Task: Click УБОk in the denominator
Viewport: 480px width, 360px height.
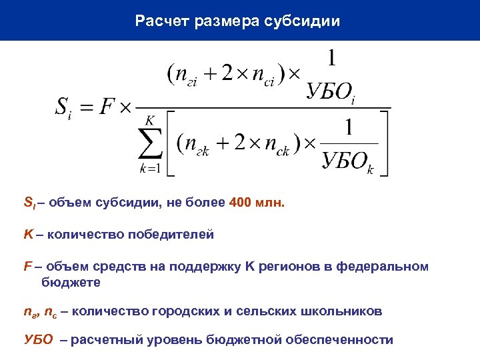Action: point(347,162)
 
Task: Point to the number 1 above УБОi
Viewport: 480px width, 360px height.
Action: point(331,59)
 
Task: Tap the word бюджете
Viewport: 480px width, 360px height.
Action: point(70,282)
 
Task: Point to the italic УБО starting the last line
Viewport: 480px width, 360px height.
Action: point(37,340)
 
